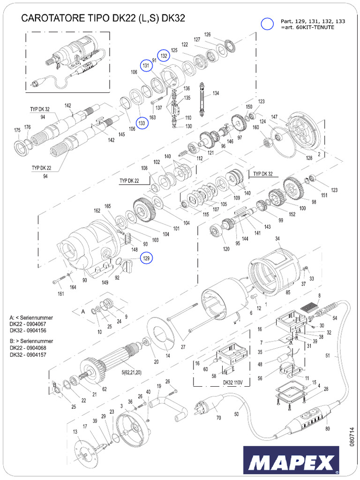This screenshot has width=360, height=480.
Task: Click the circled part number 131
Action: coord(146,66)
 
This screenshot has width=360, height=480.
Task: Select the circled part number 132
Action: coord(164,55)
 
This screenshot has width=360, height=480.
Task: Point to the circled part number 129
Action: coord(146,258)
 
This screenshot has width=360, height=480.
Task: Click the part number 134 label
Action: coord(216,94)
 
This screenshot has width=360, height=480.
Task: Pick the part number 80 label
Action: coord(327,428)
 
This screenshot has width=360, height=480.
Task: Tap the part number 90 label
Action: coord(85,280)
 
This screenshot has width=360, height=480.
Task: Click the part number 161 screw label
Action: coord(61,294)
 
